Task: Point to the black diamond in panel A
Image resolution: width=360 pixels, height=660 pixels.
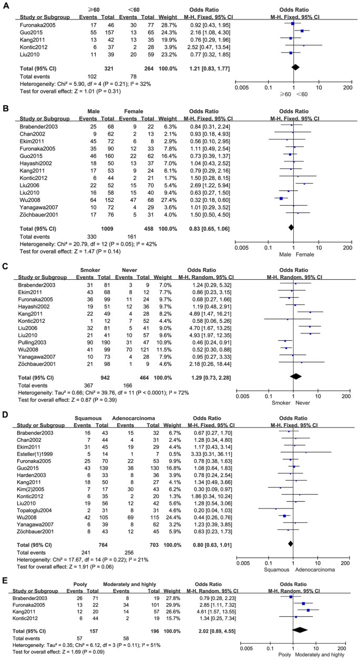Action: pyautogui.click(x=295, y=67)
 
